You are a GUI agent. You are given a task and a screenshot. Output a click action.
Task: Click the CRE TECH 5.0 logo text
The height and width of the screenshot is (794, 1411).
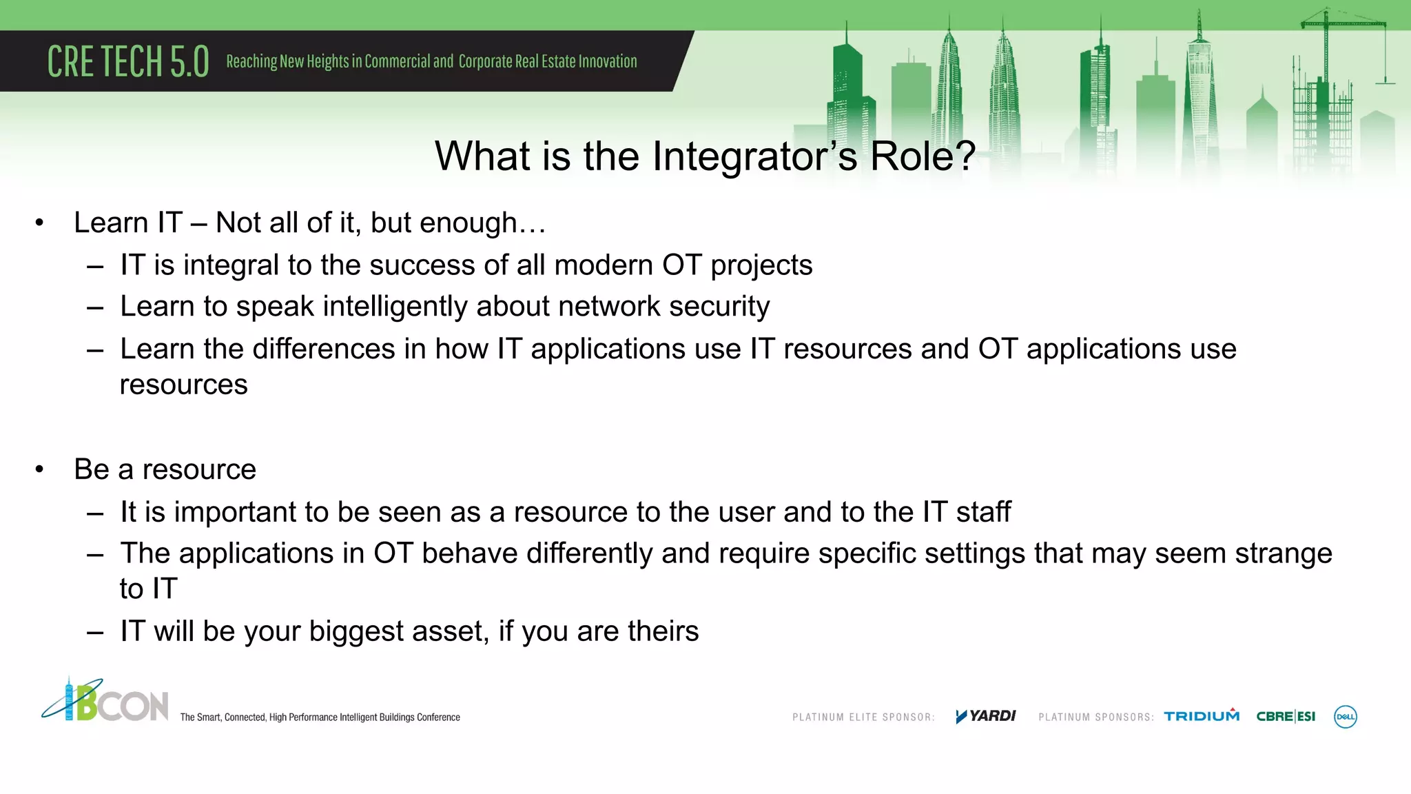(128, 61)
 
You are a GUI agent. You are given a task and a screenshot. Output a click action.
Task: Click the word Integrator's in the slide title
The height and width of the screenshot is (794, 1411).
(754, 156)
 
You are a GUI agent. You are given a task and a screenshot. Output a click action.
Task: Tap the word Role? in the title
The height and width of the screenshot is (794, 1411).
(923, 156)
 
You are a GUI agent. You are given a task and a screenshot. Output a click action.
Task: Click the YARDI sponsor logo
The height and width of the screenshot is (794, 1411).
(986, 716)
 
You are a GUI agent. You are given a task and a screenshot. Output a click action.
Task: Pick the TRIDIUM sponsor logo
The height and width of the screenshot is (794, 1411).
(1202, 716)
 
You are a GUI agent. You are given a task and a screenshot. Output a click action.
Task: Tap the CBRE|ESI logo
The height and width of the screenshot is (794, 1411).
(1286, 716)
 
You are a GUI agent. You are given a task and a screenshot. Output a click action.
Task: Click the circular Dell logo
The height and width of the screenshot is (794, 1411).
(1346, 717)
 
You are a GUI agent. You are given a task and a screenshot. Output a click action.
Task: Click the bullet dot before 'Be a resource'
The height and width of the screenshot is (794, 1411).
(40, 469)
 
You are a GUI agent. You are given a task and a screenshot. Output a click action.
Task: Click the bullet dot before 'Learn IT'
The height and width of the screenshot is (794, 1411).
(40, 223)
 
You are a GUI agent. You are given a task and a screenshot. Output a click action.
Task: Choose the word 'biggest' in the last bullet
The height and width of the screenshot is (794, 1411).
(356, 631)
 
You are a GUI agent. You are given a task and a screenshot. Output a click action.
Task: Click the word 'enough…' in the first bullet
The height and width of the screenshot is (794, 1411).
(482, 223)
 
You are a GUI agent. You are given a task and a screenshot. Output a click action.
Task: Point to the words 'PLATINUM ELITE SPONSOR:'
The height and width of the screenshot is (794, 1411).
(863, 717)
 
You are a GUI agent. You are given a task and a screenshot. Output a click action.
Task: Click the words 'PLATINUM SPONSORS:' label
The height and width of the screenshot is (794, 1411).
(1095, 717)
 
